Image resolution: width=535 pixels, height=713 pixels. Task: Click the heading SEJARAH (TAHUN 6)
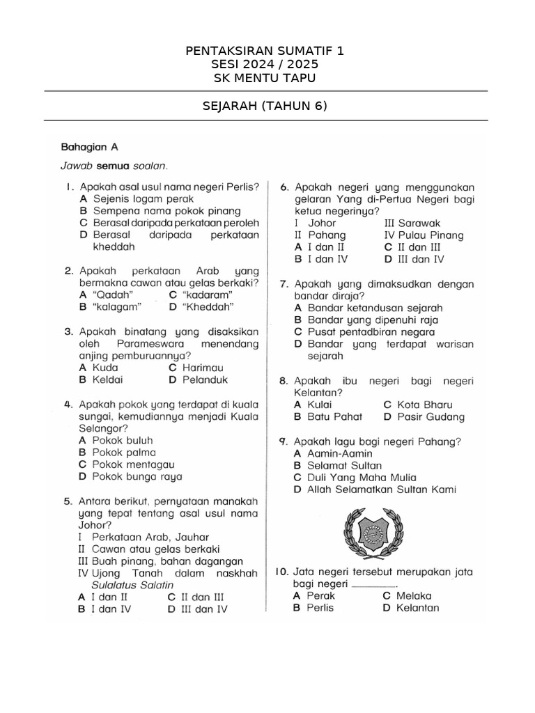264,106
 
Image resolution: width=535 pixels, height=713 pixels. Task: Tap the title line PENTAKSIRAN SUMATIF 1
264,52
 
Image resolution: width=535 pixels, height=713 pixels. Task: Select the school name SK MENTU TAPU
264,78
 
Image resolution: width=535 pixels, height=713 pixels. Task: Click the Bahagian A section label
90,147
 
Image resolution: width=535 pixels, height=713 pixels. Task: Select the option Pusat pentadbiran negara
364,331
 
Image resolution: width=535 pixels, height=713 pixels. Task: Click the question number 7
284,284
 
